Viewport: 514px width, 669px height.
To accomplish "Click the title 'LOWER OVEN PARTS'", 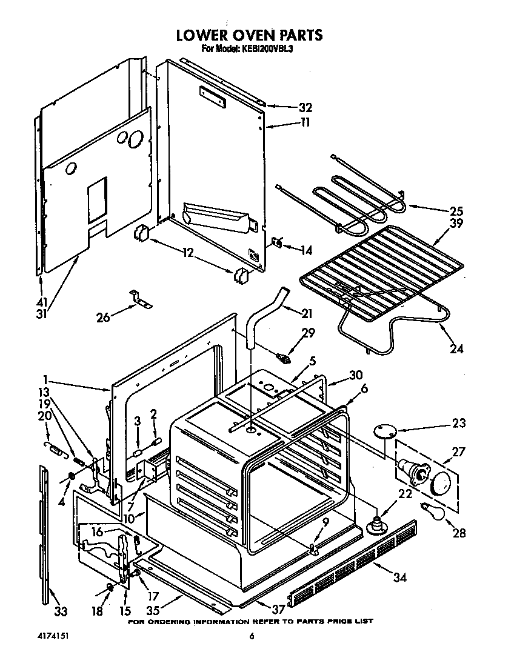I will pos(249,36).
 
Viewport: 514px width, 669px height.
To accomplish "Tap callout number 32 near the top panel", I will pos(305,108).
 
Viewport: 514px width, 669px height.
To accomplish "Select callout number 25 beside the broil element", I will pos(456,211).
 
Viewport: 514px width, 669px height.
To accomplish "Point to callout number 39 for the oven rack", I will pos(456,224).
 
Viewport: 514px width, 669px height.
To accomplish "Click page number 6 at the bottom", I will pos(251,636).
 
